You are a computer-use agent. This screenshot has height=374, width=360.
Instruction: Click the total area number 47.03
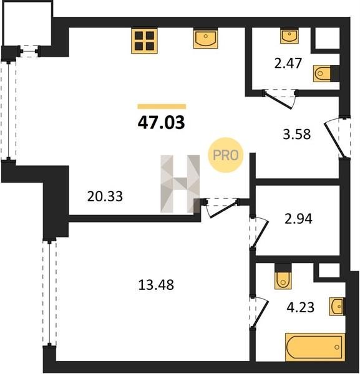pyautogui.click(x=162, y=123)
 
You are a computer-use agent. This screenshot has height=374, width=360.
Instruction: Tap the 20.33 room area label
pyautogui.click(x=105, y=196)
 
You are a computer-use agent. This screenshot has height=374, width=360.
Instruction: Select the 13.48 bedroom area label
pyautogui.click(x=156, y=285)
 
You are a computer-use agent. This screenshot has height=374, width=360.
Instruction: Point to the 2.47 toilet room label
pyautogui.click(x=288, y=63)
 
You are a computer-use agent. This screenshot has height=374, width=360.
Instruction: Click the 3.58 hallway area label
pyautogui.click(x=297, y=134)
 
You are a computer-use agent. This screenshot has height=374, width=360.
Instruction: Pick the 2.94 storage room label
pyautogui.click(x=298, y=219)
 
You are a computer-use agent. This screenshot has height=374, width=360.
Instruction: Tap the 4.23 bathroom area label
pyautogui.click(x=300, y=307)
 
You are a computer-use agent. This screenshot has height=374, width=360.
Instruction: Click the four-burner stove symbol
pyautogui.click(x=144, y=41)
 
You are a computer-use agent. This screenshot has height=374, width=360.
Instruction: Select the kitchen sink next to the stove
pyautogui.click(x=205, y=38)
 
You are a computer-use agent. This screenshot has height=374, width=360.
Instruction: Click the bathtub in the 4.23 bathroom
pyautogui.click(x=315, y=347)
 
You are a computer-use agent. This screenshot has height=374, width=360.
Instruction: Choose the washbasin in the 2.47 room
pyautogui.click(x=289, y=36)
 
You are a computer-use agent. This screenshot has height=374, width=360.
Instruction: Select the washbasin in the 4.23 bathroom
pyautogui.click(x=337, y=307)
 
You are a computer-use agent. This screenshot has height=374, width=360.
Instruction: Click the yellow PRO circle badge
pyautogui.click(x=226, y=155)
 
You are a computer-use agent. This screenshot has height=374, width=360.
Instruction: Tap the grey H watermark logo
pyautogui.click(x=180, y=184)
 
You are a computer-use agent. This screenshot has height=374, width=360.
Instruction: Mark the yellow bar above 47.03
pyautogui.click(x=162, y=107)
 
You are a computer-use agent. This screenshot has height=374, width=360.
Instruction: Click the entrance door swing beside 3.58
pyautogui.click(x=334, y=140)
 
